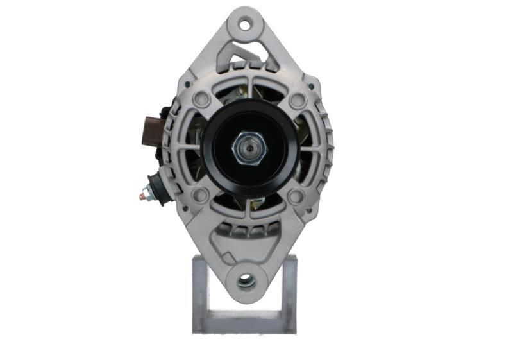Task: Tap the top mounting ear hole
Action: pos(245,25)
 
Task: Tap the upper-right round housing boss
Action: pos(296,101)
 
